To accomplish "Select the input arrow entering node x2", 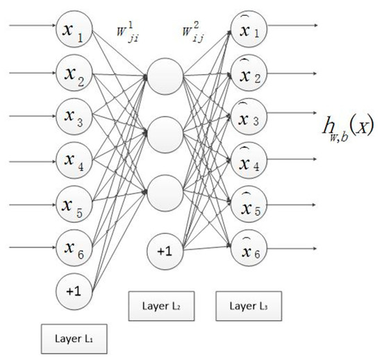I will click(x=28, y=70).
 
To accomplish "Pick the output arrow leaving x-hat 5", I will click(x=295, y=205).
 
